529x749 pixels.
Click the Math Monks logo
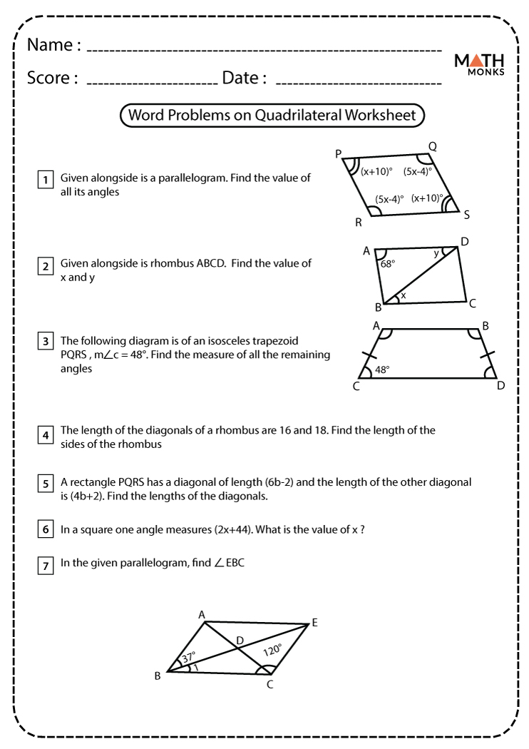(x=479, y=64)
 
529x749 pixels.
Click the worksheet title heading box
(x=272, y=115)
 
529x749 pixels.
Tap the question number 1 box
(x=46, y=179)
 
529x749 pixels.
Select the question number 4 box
(x=46, y=434)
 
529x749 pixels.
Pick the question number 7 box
(x=46, y=566)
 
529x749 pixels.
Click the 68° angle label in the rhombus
(x=387, y=264)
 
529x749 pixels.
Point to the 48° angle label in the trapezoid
(x=383, y=370)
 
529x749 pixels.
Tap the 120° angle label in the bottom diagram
(x=272, y=650)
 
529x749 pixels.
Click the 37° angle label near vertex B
(x=188, y=658)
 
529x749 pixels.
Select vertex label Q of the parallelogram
(x=432, y=147)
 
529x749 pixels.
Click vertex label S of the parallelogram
(x=467, y=214)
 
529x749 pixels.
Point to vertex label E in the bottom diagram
(x=314, y=623)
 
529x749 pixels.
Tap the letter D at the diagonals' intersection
(x=240, y=641)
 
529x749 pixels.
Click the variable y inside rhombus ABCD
(x=437, y=253)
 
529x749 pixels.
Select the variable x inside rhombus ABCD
(x=403, y=295)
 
